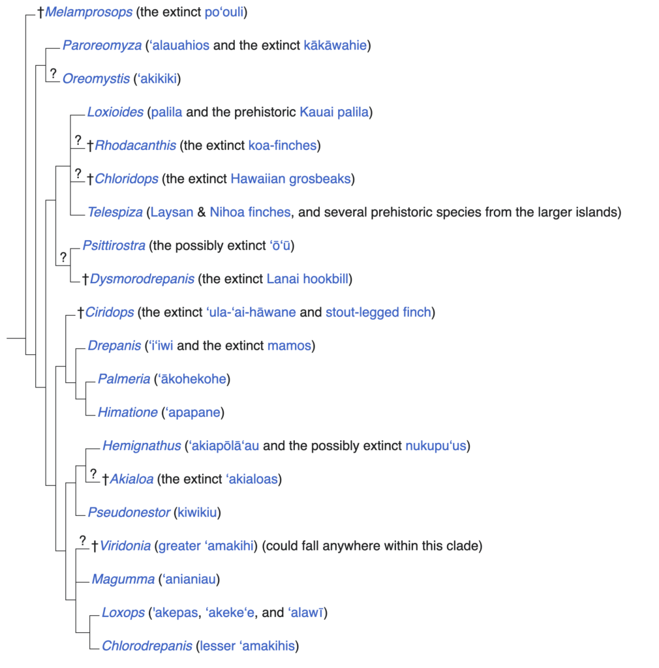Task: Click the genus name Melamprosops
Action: [x=89, y=12]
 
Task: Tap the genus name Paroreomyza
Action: [x=102, y=46]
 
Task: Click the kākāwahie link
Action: [x=335, y=46]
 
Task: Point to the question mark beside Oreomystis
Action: [x=54, y=73]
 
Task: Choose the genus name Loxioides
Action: [x=115, y=112]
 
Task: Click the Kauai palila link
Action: [x=335, y=112]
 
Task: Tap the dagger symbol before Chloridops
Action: [x=90, y=179]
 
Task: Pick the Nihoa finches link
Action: [x=250, y=212]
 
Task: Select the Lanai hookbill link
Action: [x=309, y=279]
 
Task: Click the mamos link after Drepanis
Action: [x=289, y=346]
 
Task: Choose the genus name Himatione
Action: [x=128, y=412]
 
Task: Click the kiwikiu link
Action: [x=197, y=513]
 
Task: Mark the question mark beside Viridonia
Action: [x=83, y=540]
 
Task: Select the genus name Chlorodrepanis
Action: [x=147, y=646]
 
